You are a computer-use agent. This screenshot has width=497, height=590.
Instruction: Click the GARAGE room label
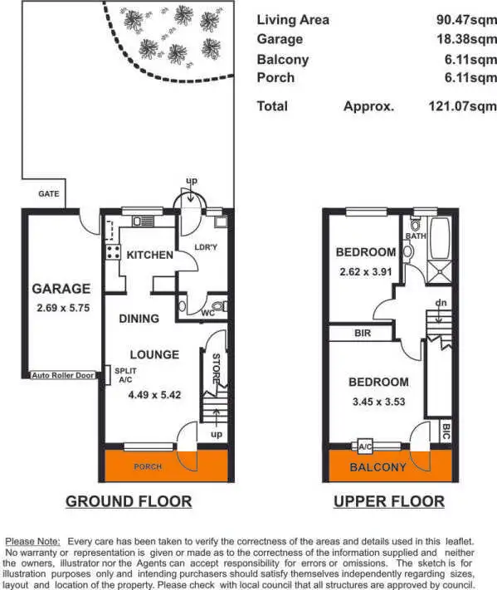(x=61, y=289)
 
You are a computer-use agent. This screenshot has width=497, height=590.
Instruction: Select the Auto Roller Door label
(x=63, y=375)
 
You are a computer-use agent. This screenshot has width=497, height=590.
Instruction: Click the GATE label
(x=49, y=193)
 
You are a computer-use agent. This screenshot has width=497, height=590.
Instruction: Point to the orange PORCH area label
(x=148, y=466)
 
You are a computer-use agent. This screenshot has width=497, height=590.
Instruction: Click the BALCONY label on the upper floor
(x=378, y=467)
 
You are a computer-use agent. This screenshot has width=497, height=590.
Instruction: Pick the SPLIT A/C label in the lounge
(x=125, y=374)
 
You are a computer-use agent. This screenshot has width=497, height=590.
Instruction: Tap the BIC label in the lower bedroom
(x=446, y=432)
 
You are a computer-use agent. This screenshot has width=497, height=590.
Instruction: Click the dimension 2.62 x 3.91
(x=365, y=271)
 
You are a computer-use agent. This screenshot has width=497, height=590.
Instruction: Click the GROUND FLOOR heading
(x=129, y=501)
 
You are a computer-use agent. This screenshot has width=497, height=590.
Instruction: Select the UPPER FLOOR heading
(x=388, y=501)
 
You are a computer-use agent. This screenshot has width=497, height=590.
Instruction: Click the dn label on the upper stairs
(x=441, y=303)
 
